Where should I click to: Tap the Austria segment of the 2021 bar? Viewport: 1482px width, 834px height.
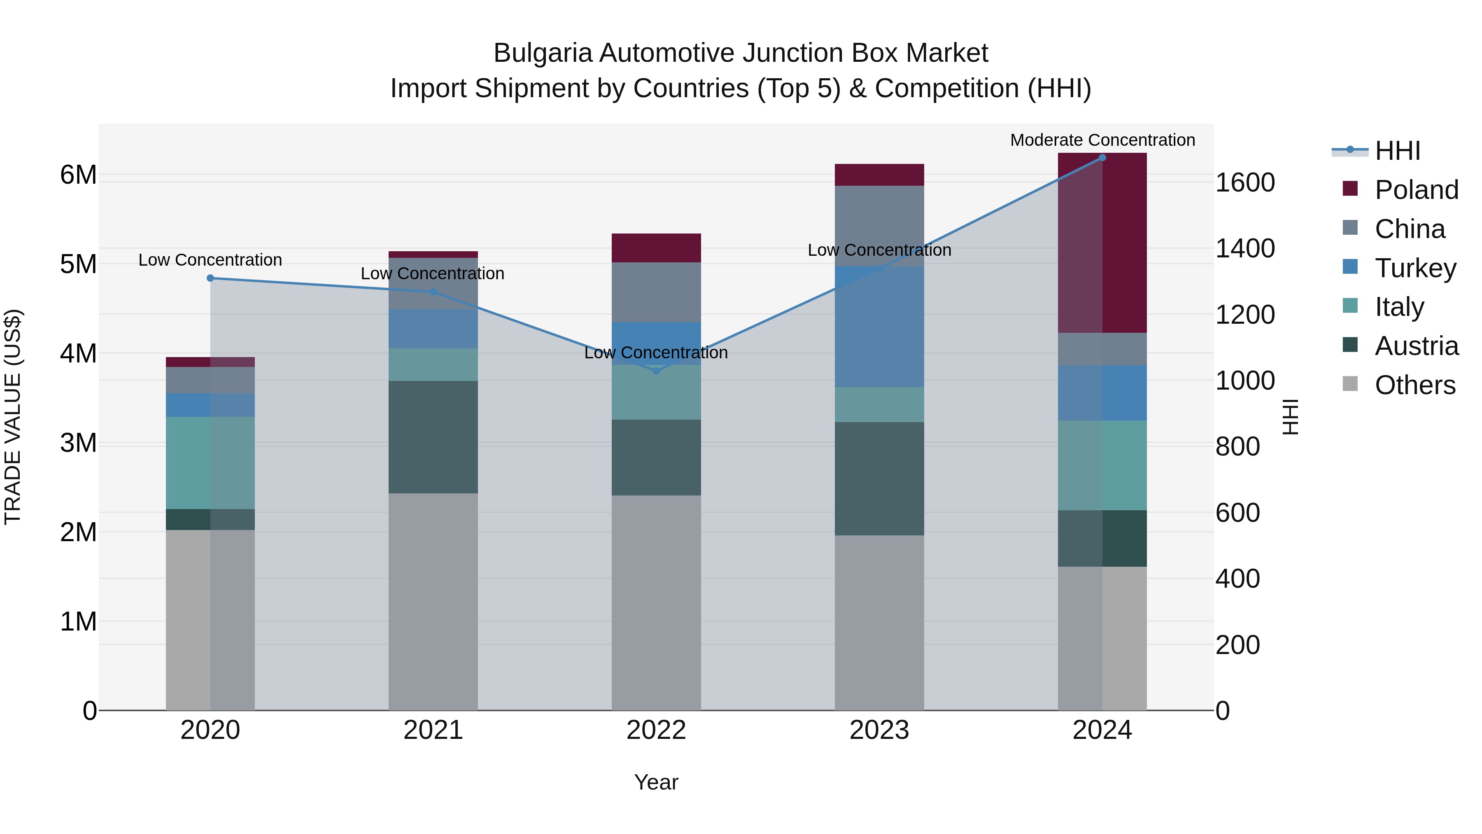(433, 437)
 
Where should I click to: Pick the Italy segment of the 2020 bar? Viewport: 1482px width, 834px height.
(210, 463)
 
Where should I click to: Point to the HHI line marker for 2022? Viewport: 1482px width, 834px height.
(657, 371)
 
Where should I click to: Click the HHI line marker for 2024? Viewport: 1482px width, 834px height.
(1102, 158)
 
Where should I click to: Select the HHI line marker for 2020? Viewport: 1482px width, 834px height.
(210, 278)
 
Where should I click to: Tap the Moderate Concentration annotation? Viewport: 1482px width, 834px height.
(1102, 140)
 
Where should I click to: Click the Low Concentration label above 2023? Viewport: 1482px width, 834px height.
(879, 250)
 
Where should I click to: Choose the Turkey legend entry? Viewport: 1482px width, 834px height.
(1415, 268)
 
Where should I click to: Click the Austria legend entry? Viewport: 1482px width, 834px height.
(1417, 346)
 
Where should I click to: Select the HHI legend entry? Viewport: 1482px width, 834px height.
(1398, 151)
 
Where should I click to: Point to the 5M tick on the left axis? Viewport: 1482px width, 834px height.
(79, 264)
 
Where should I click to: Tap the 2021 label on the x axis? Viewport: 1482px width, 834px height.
(433, 730)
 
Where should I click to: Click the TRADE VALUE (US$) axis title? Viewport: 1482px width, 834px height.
(13, 417)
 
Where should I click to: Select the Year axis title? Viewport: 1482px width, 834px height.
(656, 782)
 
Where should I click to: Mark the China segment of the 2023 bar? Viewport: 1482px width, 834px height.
(879, 226)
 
